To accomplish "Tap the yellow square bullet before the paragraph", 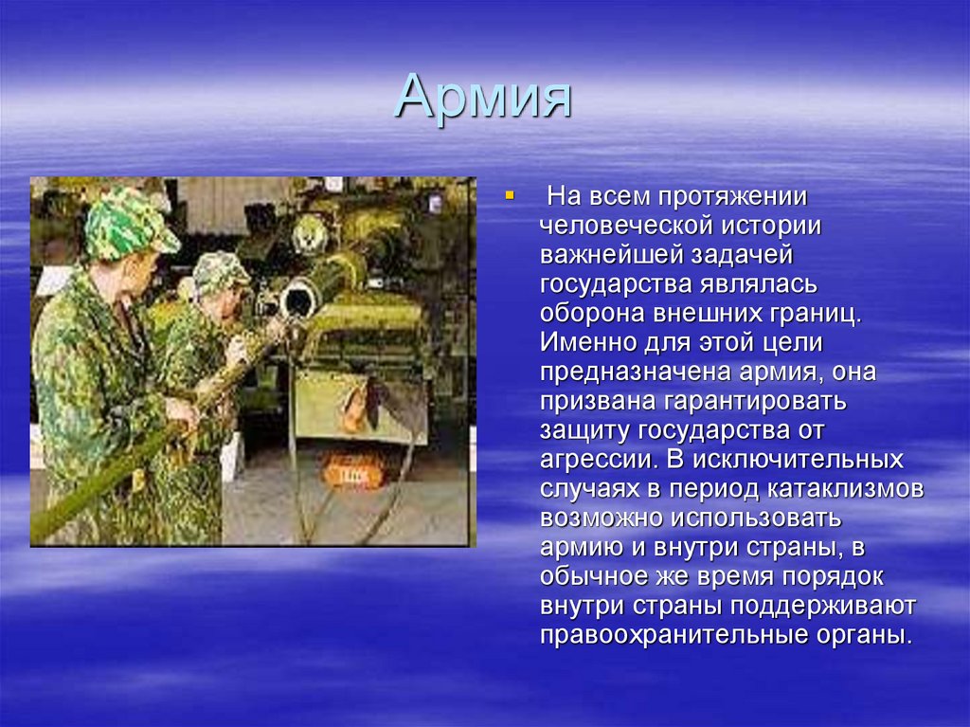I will (509, 195).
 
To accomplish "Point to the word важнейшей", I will (616, 257).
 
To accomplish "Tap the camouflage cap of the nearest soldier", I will (128, 223).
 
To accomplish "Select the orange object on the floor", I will (354, 468).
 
